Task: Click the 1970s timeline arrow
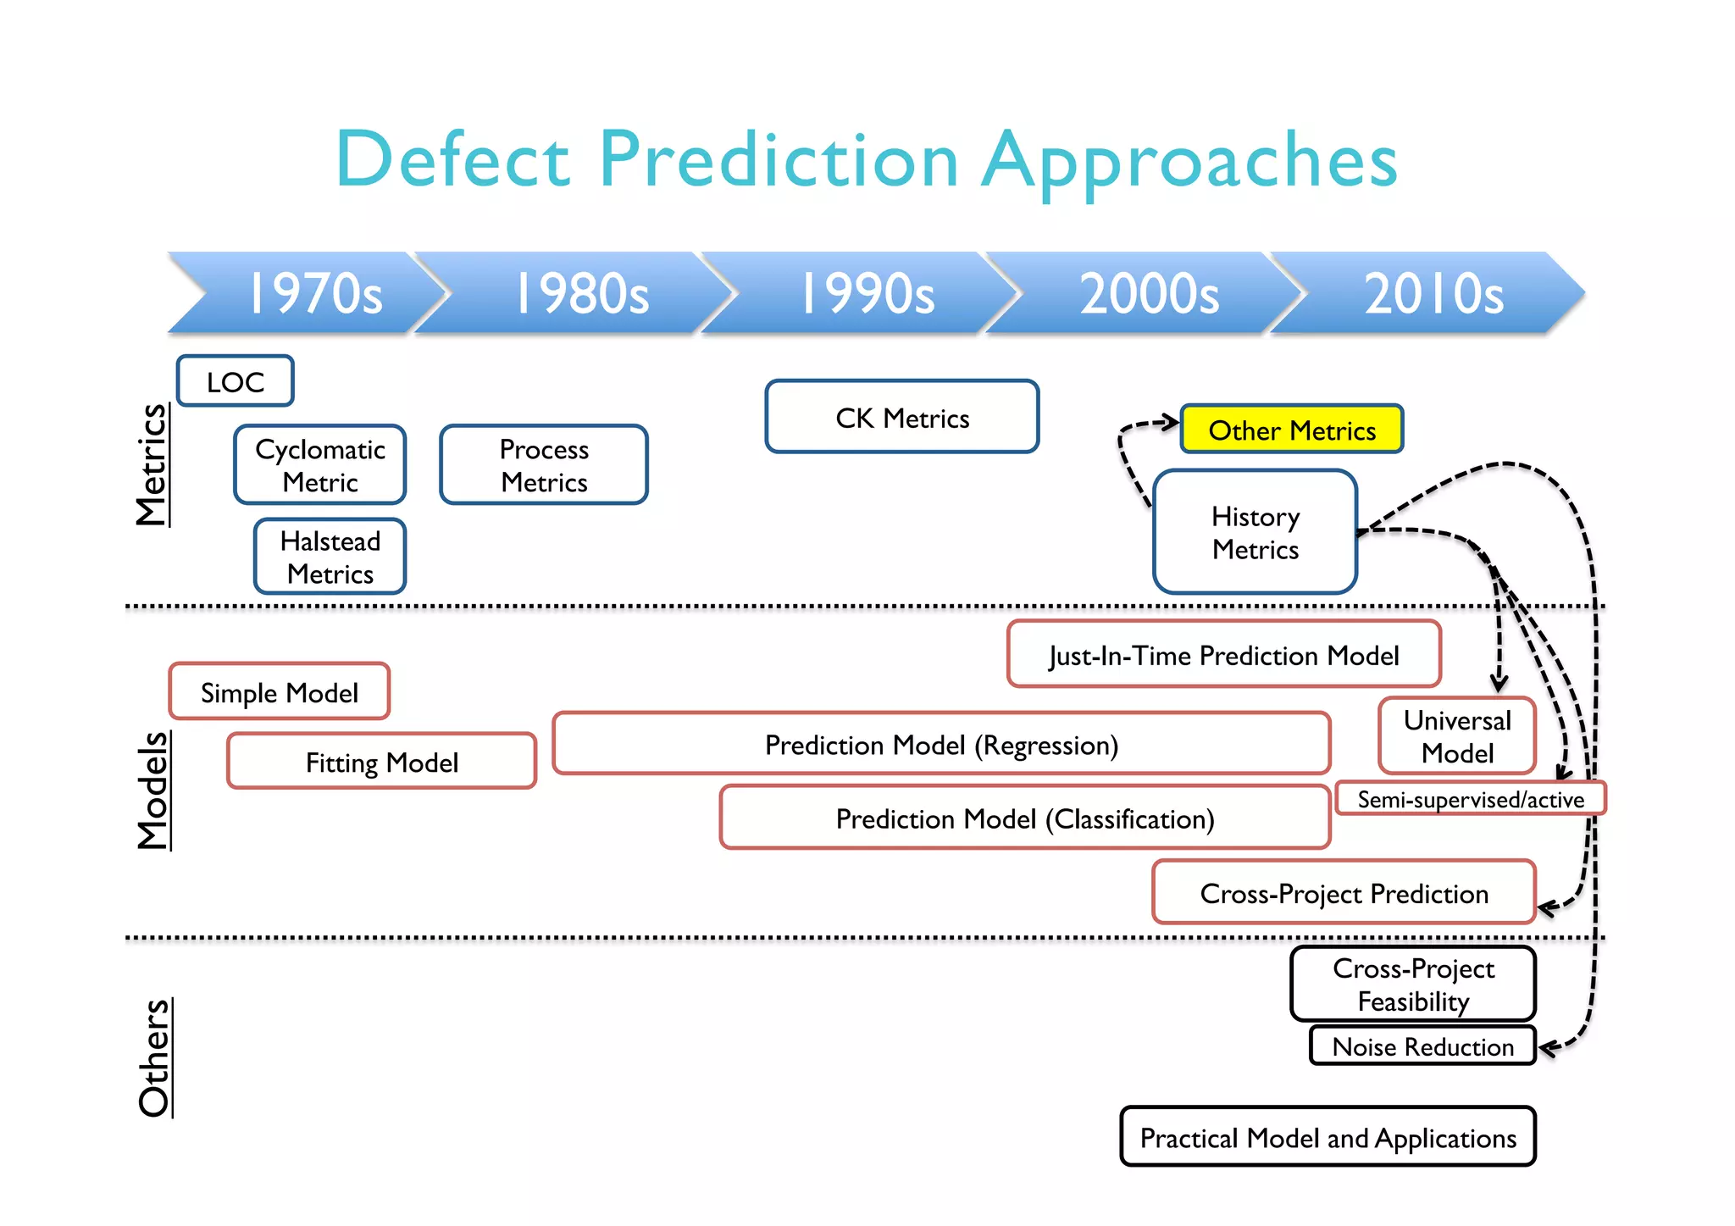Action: pyautogui.click(x=313, y=293)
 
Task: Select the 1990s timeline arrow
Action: pyautogui.click(x=866, y=293)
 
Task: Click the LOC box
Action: pyautogui.click(x=236, y=381)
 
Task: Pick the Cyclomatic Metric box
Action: pyautogui.click(x=320, y=465)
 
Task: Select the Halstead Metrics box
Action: pyautogui.click(x=330, y=557)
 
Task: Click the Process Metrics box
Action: pyautogui.click(x=544, y=465)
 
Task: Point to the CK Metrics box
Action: pyautogui.click(x=902, y=417)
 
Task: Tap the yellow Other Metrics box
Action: pyautogui.click(x=1292, y=430)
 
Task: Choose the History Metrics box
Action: pyautogui.click(x=1255, y=532)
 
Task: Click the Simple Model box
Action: pyautogui.click(x=280, y=692)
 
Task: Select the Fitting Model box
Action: pyautogui.click(x=382, y=762)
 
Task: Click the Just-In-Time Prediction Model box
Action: pyautogui.click(x=1223, y=654)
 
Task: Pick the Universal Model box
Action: pyautogui.click(x=1457, y=735)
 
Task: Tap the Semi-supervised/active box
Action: pyautogui.click(x=1470, y=799)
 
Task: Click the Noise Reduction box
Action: pyautogui.click(x=1422, y=1046)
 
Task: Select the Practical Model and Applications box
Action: pyautogui.click(x=1328, y=1137)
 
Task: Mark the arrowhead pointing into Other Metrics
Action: pyautogui.click(x=1172, y=422)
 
